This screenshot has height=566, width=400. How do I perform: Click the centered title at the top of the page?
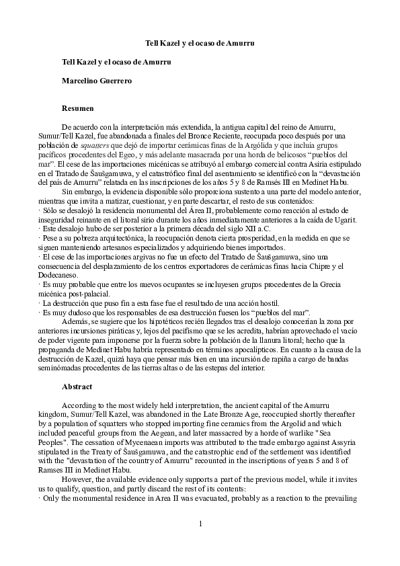pos(200,43)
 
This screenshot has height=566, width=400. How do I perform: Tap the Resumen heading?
pos(78,108)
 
